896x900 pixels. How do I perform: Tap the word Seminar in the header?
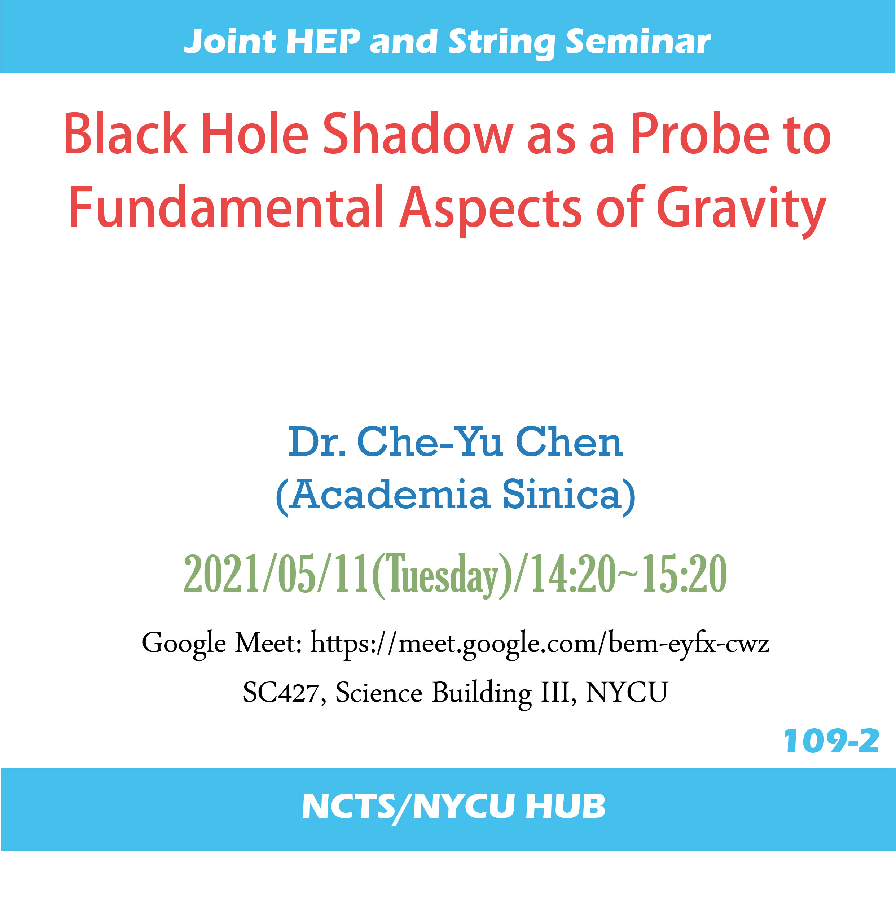[638, 42]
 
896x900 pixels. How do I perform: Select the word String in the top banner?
[501, 43]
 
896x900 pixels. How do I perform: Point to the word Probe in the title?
[700, 134]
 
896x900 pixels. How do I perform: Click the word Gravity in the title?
[741, 211]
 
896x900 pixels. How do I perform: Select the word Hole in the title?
[255, 134]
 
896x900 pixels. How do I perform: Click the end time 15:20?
[685, 574]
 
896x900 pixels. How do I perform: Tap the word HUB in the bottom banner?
[565, 806]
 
